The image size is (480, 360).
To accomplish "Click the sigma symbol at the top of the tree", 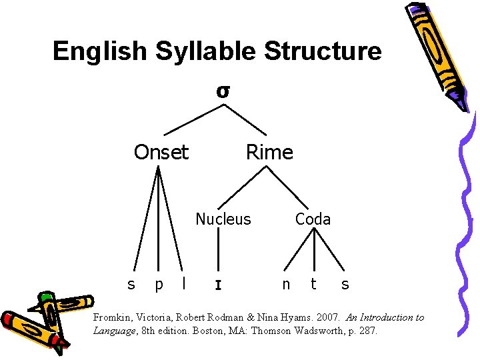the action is (223, 91).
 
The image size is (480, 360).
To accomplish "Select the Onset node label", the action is (161, 153).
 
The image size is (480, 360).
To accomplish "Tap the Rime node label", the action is (269, 153).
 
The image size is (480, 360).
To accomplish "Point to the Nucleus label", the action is (223, 219).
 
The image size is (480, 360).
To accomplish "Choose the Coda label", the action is (313, 219).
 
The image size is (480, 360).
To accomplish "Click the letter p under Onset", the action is (158, 285).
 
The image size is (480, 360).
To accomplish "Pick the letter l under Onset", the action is (184, 283).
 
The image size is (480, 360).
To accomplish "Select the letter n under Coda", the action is (286, 284).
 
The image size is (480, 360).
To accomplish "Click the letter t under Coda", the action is (313, 284).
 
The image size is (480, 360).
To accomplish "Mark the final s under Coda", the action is (345, 285).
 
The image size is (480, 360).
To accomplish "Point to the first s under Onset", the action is (131, 285).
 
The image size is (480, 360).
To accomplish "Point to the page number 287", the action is (367, 330).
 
